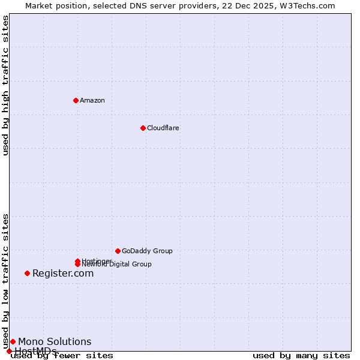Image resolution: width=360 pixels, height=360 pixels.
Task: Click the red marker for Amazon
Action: pyautogui.click(x=76, y=100)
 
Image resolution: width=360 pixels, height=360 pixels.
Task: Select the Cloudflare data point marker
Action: pyautogui.click(x=143, y=128)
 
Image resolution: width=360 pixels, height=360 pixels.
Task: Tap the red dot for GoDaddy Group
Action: pyautogui.click(x=118, y=251)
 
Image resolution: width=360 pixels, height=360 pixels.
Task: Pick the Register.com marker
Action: pyautogui.click(x=27, y=273)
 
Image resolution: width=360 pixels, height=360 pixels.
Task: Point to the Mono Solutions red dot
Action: pyautogui.click(x=13, y=341)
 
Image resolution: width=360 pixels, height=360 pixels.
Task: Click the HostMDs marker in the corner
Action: pyautogui.click(x=9, y=351)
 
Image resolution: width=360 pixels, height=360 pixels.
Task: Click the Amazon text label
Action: pyautogui.click(x=92, y=100)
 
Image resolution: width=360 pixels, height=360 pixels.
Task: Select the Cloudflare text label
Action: pyautogui.click(x=163, y=128)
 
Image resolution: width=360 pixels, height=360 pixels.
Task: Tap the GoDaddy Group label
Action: pyautogui.click(x=147, y=251)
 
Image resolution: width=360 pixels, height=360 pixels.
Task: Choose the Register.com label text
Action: pyautogui.click(x=63, y=274)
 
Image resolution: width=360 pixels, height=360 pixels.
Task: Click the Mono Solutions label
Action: pyautogui.click(x=55, y=342)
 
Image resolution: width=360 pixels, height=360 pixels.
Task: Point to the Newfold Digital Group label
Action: pyautogui.click(x=117, y=265)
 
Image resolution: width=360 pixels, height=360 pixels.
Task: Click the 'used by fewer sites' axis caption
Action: pyautogui.click(x=62, y=356)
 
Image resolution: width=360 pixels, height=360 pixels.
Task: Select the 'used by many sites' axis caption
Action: pyautogui.click(x=301, y=356)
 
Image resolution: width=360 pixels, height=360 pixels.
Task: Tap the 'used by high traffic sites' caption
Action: pyautogui.click(x=5, y=86)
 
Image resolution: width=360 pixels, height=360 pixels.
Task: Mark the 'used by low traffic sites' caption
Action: pyautogui.click(x=5, y=281)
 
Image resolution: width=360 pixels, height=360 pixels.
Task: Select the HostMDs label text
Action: pyautogui.click(x=35, y=351)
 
